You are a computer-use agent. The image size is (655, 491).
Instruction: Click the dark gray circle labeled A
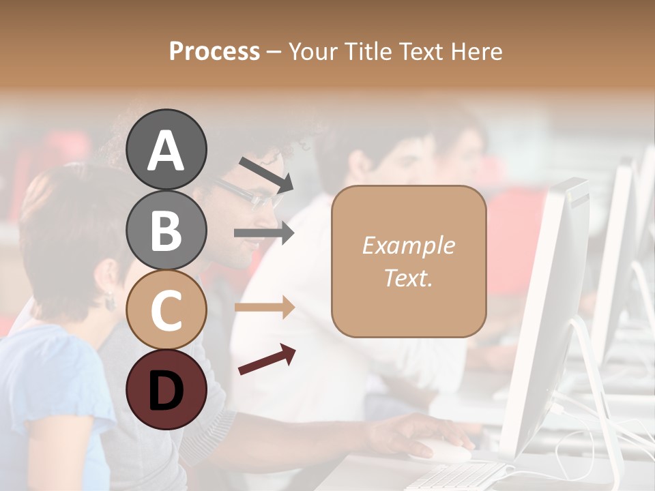point(166,149)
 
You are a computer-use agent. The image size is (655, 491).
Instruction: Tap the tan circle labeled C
point(166,310)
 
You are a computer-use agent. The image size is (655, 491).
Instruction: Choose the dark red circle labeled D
point(166,389)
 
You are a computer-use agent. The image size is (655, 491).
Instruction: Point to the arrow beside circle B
point(264,233)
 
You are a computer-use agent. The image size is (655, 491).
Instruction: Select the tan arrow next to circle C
point(264,308)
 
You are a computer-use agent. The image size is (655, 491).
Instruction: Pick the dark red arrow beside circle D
point(267,359)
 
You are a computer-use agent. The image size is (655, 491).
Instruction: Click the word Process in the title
point(214,51)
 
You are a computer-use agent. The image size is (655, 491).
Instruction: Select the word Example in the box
point(408,245)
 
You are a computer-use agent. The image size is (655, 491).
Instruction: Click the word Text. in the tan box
point(408,278)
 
